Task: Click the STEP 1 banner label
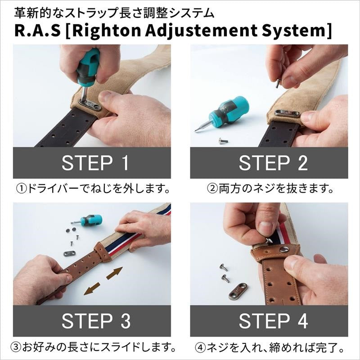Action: pos(95,163)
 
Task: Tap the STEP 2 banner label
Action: pos(273,163)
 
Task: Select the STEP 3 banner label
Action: pos(95,321)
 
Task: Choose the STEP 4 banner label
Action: pos(273,321)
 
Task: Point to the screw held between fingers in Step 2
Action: pos(278,83)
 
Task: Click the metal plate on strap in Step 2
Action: pos(287,113)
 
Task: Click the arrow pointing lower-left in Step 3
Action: pos(93,288)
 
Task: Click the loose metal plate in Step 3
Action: pos(69,253)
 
